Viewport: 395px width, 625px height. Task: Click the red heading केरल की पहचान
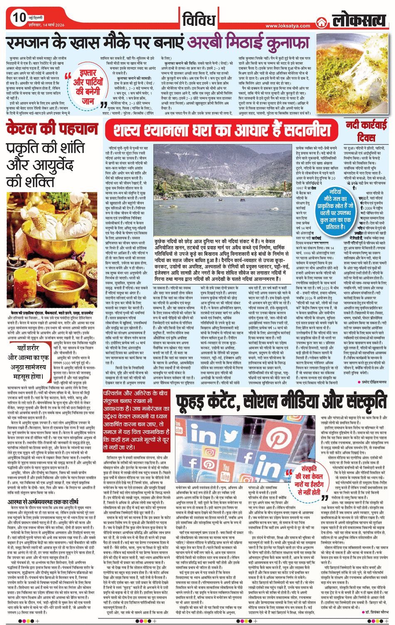52,129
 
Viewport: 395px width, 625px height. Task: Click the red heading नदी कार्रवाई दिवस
365,131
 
